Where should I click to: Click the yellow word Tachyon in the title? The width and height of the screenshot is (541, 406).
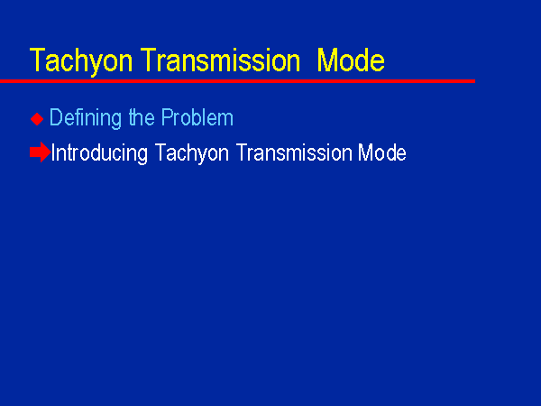tap(81, 61)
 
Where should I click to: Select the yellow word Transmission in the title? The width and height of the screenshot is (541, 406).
tap(221, 60)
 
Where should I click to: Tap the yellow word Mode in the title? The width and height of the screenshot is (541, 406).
tap(351, 60)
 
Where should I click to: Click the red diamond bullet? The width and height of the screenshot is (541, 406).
tap(37, 119)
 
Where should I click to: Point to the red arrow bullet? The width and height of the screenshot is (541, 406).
tap(41, 152)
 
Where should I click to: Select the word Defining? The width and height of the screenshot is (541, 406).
tap(86, 118)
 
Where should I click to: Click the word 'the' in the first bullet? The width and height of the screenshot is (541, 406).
tap(142, 117)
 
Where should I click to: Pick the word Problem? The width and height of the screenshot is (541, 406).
tap(197, 117)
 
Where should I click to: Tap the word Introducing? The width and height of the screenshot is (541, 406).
tap(99, 153)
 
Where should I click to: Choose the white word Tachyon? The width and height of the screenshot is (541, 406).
tap(192, 153)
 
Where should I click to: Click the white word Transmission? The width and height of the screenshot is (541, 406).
tap(294, 152)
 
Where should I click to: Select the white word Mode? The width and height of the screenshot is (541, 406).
tap(382, 152)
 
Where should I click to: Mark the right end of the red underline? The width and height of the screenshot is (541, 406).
tap(475, 81)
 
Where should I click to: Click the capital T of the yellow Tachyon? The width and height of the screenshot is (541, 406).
tap(38, 60)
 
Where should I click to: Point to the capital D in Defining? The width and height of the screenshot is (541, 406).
tap(56, 117)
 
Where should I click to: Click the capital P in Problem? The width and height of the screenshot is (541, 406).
tap(168, 117)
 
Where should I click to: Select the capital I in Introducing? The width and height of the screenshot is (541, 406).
tap(53, 152)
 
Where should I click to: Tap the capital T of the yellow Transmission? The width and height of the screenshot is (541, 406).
tap(149, 60)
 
